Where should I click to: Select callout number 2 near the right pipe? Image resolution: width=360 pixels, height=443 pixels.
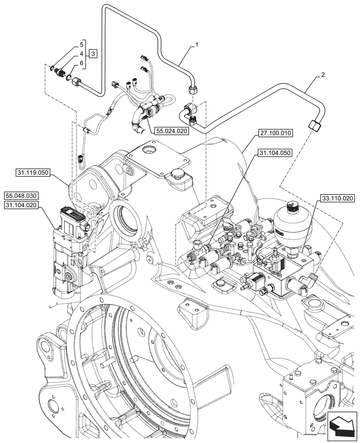322,75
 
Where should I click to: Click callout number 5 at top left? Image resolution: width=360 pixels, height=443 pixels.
82,44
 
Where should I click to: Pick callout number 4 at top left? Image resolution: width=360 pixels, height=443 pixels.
82,54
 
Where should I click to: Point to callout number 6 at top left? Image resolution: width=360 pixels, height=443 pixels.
82,64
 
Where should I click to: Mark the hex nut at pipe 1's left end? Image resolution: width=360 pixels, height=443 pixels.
78,82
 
